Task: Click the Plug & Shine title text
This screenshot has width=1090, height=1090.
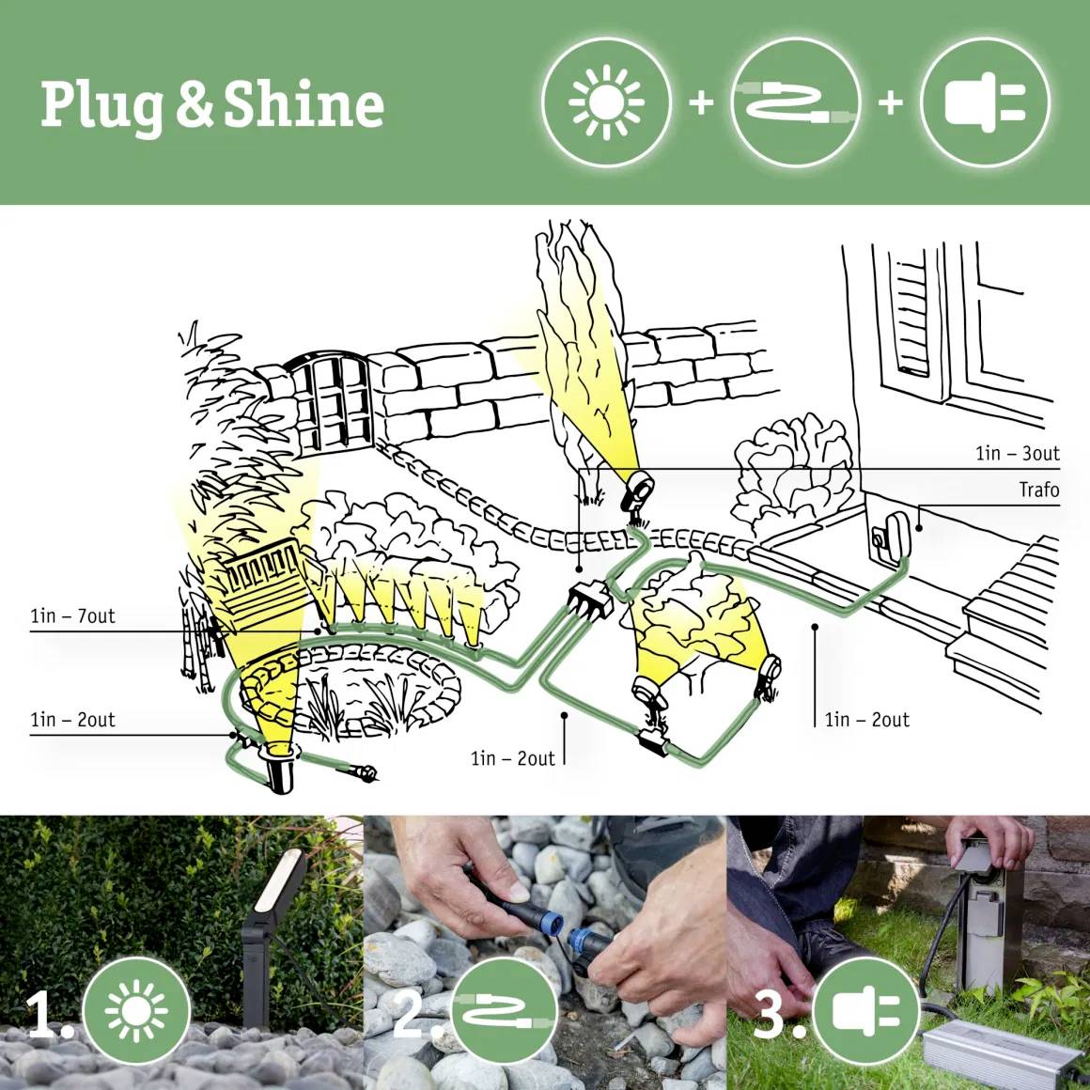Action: (212, 105)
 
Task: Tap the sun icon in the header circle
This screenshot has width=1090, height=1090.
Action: (607, 101)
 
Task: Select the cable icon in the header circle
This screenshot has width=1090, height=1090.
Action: (794, 101)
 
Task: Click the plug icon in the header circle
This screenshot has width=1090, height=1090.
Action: (984, 101)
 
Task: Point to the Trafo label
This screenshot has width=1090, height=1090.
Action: (1038, 490)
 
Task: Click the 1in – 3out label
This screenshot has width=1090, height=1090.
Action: (1017, 454)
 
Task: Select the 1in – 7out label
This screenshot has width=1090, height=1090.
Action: (72, 616)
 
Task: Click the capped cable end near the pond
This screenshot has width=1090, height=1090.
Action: (365, 772)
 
